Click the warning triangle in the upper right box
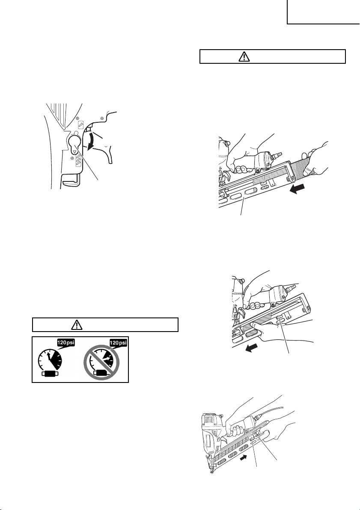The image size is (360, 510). tap(243, 57)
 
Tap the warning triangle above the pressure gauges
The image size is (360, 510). tap(76, 325)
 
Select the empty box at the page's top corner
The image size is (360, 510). tap(323, 12)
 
